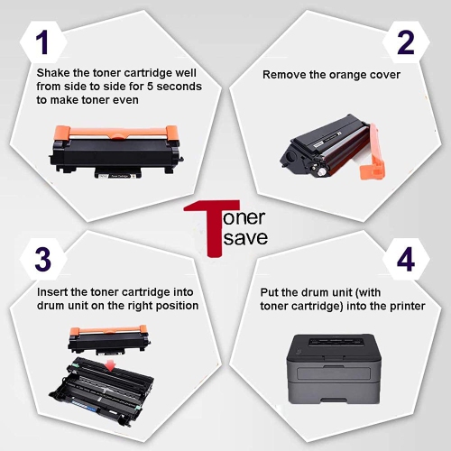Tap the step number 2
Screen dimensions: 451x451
click(407, 41)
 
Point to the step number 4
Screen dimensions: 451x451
click(407, 260)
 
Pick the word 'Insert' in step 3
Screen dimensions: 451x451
click(52, 291)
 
